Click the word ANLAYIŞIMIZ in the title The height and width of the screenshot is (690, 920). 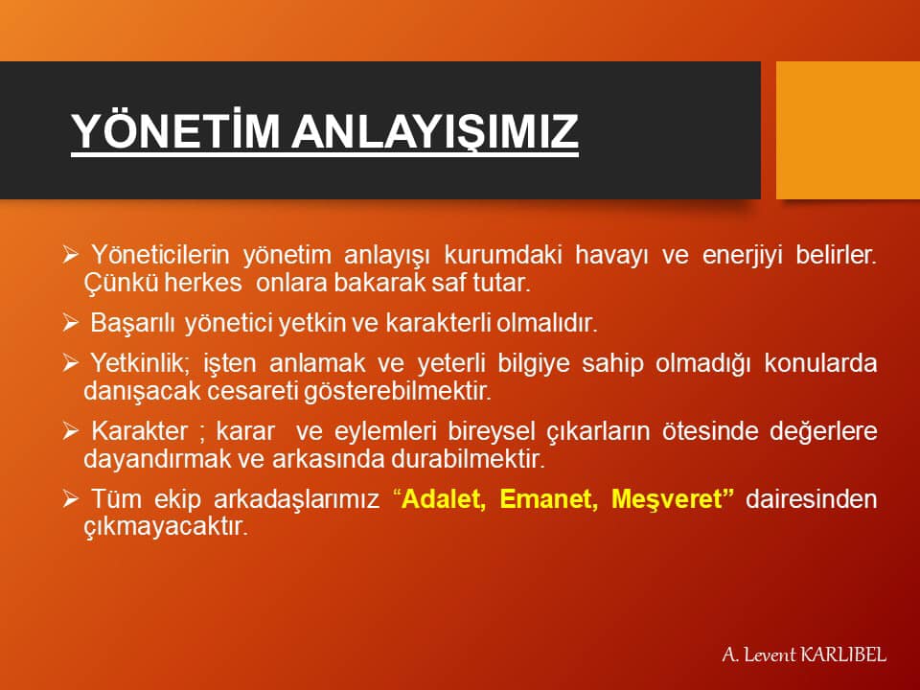point(435,131)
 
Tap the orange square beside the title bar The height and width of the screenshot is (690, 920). point(848,129)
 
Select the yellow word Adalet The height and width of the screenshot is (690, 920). point(444,498)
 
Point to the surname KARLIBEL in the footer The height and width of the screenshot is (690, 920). point(842,655)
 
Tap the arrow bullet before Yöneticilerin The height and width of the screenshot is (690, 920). point(70,255)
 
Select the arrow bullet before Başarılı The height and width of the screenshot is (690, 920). point(70,323)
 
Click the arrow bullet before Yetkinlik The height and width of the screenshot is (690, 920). point(70,362)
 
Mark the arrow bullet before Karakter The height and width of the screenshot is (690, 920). point(70,430)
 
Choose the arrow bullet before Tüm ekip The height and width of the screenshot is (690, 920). point(70,498)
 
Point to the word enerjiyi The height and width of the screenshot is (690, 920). point(742,256)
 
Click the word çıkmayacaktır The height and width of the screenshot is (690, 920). point(166,527)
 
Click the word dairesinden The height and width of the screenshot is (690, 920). point(812,498)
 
